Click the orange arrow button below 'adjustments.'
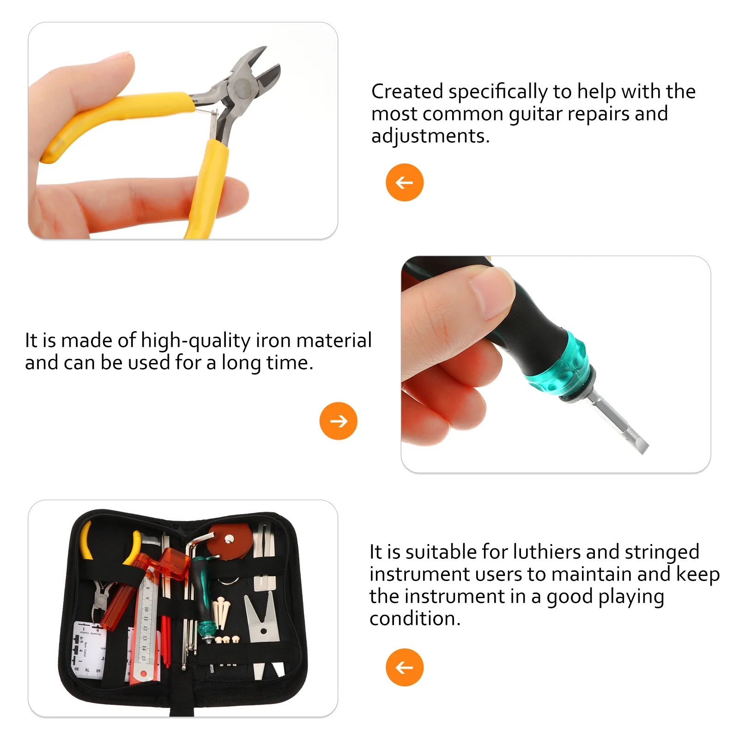[x=404, y=182]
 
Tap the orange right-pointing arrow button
[x=338, y=421]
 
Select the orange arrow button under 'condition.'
[x=404, y=667]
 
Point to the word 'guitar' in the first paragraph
[x=535, y=114]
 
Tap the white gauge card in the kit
[x=89, y=649]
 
